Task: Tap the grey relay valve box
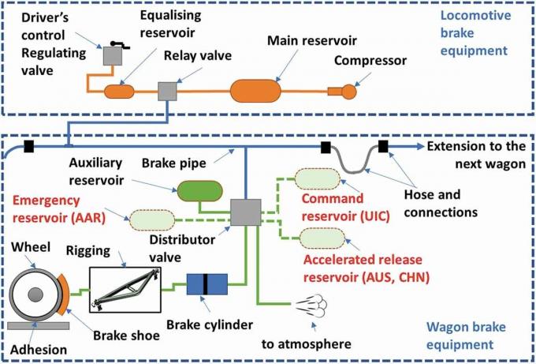tap(168, 92)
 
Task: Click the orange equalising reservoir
tap(122, 92)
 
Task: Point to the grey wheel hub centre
tap(35, 295)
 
